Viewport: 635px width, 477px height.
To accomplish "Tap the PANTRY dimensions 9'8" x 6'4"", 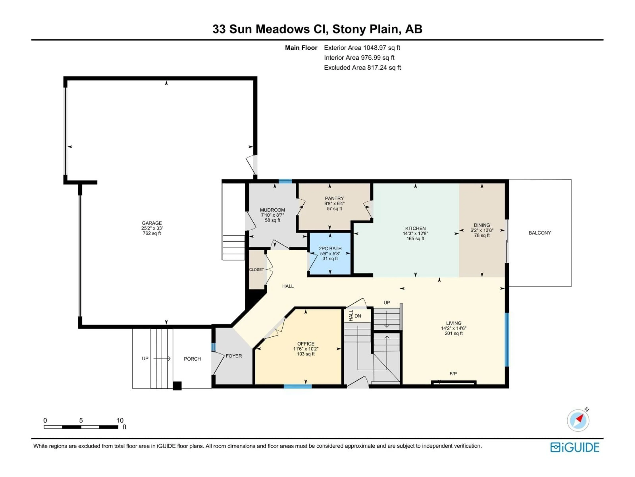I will tap(334, 203).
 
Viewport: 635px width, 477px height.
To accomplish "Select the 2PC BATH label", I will tap(330, 248).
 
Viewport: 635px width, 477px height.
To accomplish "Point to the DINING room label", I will tap(482, 225).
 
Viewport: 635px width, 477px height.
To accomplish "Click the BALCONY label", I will tap(540, 233).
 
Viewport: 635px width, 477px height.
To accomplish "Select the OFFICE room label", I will tap(306, 344).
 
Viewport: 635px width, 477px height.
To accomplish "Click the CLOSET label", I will tap(256, 270).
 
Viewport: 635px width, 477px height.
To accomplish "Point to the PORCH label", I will tap(192, 359).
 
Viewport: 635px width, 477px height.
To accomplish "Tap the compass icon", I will tap(578, 420).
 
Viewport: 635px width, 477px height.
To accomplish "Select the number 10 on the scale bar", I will tap(120, 420).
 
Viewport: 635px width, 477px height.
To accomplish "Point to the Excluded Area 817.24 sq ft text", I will tap(362, 68).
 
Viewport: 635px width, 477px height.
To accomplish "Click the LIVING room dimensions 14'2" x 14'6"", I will tap(454, 328).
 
